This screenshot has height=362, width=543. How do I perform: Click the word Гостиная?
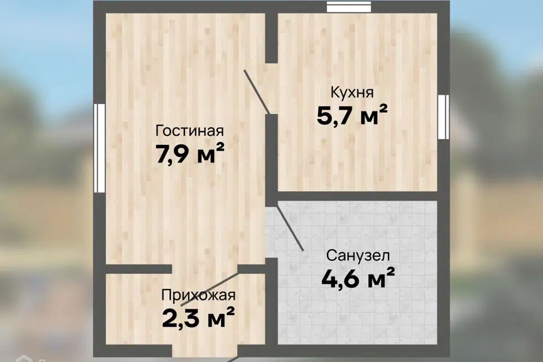tap(189, 131)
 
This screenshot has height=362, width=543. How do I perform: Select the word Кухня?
tap(352, 92)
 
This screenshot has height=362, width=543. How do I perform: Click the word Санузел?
tap(357, 256)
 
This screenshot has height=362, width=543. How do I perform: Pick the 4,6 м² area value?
tap(357, 278)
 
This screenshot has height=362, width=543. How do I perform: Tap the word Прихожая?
tap(198, 295)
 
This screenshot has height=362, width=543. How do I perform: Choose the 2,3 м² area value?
tap(198, 317)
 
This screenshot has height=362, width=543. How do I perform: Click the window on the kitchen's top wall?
tap(349, 7)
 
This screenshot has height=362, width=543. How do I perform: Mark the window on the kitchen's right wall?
tap(443, 117)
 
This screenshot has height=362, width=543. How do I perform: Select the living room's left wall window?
tap(100, 148)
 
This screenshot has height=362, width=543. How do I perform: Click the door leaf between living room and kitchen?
tap(257, 92)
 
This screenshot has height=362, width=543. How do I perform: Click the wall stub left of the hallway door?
tap(139, 269)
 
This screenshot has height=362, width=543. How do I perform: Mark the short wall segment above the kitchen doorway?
tap(271, 37)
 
